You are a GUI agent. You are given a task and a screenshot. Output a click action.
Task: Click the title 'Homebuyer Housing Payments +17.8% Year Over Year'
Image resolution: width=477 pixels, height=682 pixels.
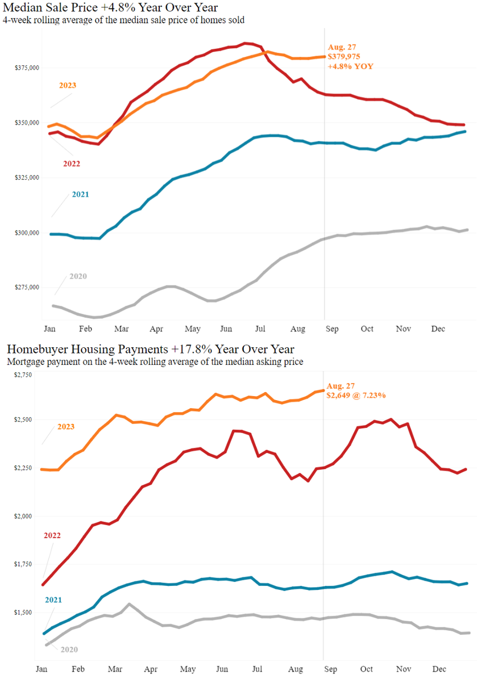pos(149,348)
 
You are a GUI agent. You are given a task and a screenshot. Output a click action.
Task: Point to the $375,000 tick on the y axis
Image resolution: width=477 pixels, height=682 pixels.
pos(27,68)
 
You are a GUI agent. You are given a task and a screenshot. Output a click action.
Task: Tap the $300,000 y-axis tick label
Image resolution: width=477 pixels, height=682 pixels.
pos(27,232)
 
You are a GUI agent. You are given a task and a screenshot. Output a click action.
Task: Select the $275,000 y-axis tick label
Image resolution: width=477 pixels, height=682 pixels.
pos(27,288)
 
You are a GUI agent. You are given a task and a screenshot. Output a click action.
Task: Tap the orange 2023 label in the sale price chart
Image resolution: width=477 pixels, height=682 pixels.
pos(68,85)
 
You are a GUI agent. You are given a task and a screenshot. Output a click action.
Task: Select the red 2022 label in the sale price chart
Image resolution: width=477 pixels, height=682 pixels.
pos(72,164)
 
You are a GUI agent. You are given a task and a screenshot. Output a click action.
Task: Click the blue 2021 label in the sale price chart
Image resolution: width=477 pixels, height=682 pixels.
pos(80,194)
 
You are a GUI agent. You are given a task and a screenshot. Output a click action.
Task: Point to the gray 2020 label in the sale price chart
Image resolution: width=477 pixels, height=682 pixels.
pos(78,276)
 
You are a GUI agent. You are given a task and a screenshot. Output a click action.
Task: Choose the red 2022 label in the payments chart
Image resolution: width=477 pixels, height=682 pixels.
pos(52,535)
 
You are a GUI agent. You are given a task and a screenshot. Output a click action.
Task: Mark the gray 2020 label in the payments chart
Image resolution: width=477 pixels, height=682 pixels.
pos(69,649)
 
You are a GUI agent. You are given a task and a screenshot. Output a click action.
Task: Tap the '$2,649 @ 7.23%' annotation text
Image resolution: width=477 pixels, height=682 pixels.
pos(356,395)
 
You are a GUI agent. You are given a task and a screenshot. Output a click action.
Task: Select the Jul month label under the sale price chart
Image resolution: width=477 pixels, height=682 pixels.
pos(261,329)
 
